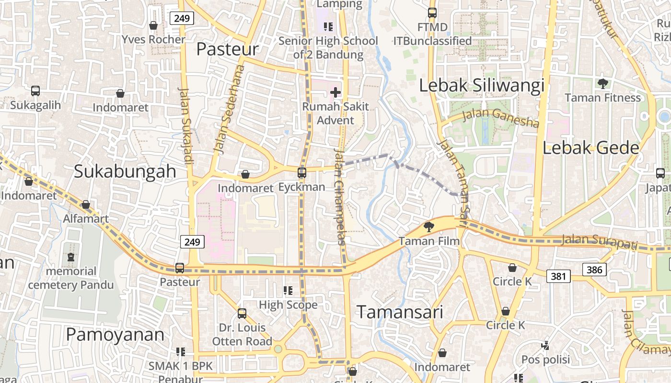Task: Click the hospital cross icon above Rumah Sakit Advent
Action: (x=335, y=92)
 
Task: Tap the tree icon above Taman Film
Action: (x=429, y=226)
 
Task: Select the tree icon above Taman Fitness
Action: (x=603, y=84)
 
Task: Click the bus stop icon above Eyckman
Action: (x=302, y=172)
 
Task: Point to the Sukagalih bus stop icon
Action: (x=35, y=90)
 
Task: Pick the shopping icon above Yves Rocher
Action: (x=153, y=25)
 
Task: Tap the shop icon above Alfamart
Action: (x=86, y=204)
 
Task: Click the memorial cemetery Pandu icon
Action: (x=71, y=257)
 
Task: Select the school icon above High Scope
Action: (x=288, y=290)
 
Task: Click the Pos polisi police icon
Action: (x=545, y=345)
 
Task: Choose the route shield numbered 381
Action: (x=558, y=276)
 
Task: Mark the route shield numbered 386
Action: (x=594, y=270)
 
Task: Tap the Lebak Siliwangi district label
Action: (x=482, y=86)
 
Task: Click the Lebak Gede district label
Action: (x=591, y=148)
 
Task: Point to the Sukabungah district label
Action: (x=125, y=171)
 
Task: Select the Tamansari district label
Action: (x=400, y=312)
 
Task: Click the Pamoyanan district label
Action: (x=115, y=335)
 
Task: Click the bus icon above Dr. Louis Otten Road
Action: (x=242, y=314)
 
